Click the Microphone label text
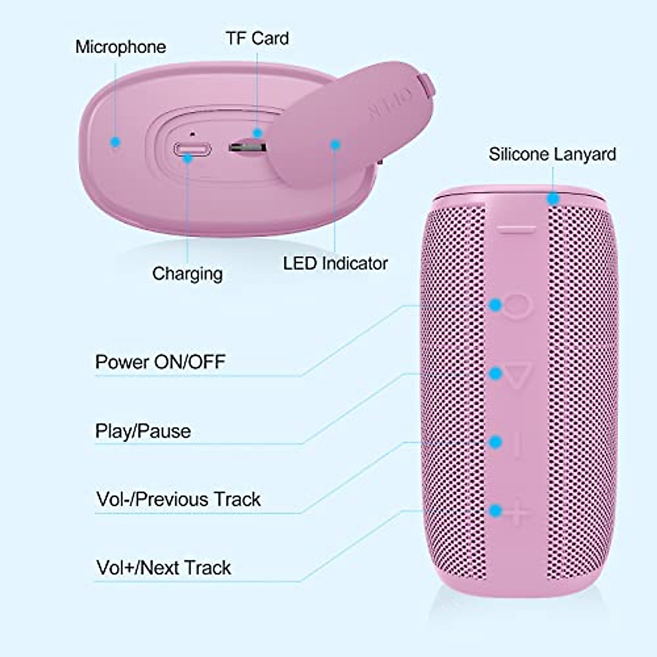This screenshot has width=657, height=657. (x=120, y=47)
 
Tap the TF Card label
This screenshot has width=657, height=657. (x=257, y=38)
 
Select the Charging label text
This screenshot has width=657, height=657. (x=187, y=273)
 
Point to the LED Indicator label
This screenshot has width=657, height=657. (x=335, y=263)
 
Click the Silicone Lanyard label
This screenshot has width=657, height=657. (x=552, y=154)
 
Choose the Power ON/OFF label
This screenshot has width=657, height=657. (x=160, y=362)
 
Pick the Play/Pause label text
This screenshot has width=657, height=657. (x=143, y=431)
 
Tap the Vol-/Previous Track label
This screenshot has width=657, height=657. (x=178, y=499)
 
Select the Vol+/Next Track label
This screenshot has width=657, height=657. (x=163, y=567)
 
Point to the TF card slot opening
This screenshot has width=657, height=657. (x=247, y=147)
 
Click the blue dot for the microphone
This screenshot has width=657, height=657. (x=114, y=142)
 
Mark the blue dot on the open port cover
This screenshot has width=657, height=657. (x=335, y=144)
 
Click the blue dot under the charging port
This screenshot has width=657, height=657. (x=188, y=158)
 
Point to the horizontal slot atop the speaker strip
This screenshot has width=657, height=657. (x=517, y=230)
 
